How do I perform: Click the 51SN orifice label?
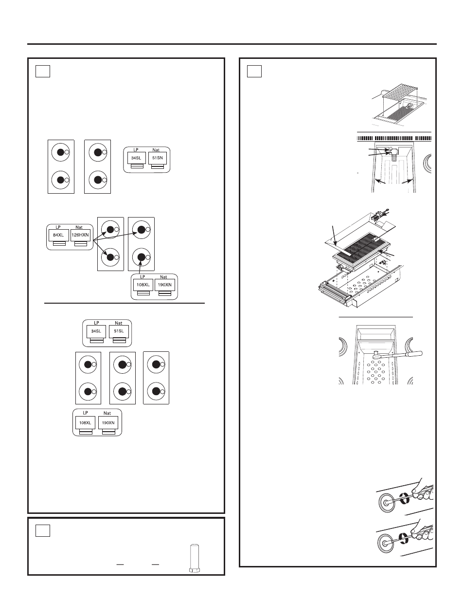coord(157,158)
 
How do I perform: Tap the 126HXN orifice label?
coord(80,235)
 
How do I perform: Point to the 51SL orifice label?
coord(118,331)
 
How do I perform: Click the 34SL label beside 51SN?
coord(136,158)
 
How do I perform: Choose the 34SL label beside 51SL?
coord(96,331)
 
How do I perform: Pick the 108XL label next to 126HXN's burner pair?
coord(143,285)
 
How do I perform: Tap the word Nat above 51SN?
coord(156,150)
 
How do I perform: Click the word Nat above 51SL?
coord(118,323)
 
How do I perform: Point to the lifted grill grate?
coord(400,96)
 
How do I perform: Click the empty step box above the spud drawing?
coord(43,531)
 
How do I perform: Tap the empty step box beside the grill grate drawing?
coord(254,71)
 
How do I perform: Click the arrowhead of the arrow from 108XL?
coord(140,264)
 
